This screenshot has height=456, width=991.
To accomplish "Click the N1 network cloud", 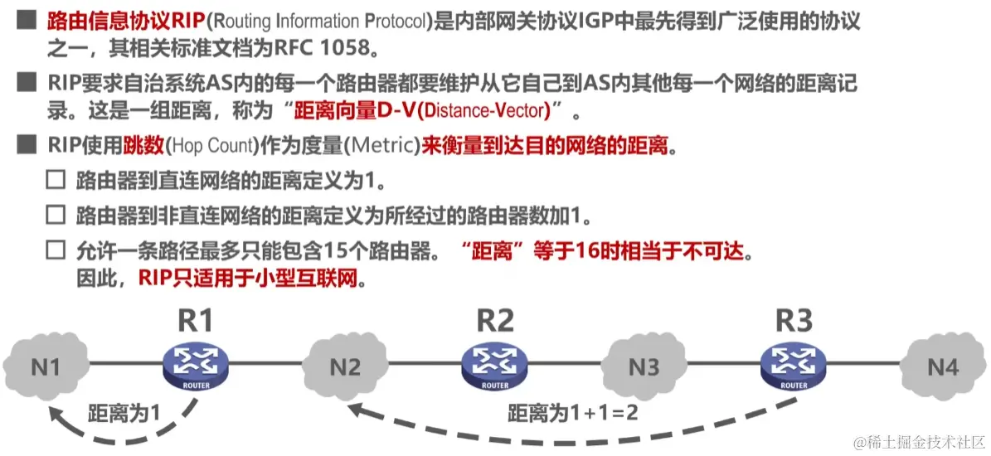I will point(45,365).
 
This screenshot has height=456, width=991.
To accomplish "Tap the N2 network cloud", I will point(344,365).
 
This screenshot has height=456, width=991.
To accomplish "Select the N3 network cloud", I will point(643,365).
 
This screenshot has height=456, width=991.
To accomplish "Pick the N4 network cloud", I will point(942,365).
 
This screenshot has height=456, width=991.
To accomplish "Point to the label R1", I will point(196,320).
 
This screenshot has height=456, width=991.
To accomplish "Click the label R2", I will point(495,320).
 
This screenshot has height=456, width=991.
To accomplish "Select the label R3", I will point(794,320).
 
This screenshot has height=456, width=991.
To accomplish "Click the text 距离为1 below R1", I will point(124,411).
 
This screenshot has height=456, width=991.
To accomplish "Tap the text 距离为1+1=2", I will point(572,411).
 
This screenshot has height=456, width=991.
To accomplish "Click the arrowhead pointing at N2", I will point(355,407).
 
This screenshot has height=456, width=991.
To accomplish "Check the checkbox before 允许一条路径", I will point(55,250).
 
